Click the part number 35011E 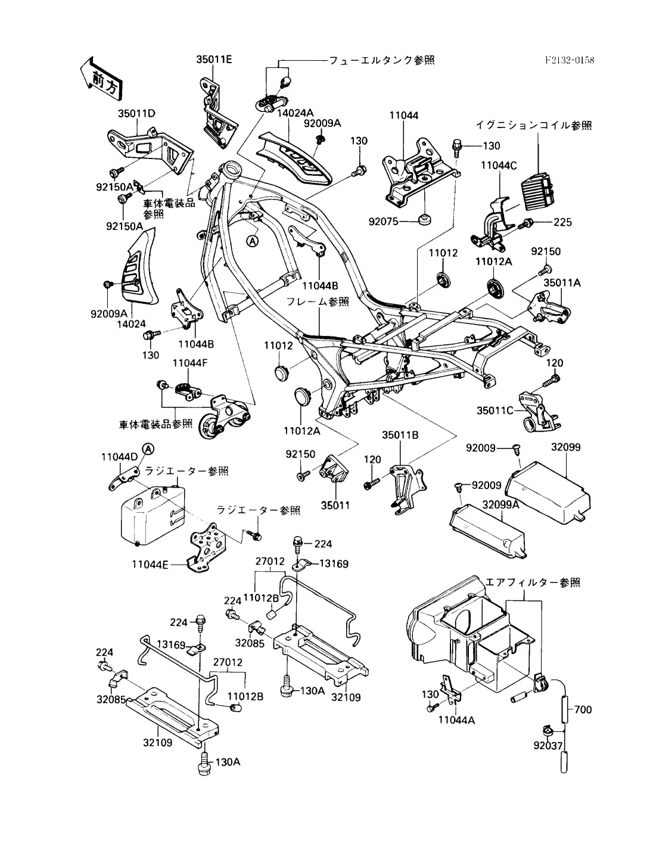tap(214, 59)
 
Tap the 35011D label tap(136, 113)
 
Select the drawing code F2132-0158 tap(570, 60)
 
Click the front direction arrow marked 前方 tap(102, 77)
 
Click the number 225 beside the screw tap(562, 223)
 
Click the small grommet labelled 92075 tap(424, 220)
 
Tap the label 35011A tap(564, 283)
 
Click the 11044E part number tap(150, 563)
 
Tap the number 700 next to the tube tap(584, 710)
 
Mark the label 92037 tap(548, 744)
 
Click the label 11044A tap(456, 720)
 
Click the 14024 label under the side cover tap(132, 324)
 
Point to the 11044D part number tap(119, 457)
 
